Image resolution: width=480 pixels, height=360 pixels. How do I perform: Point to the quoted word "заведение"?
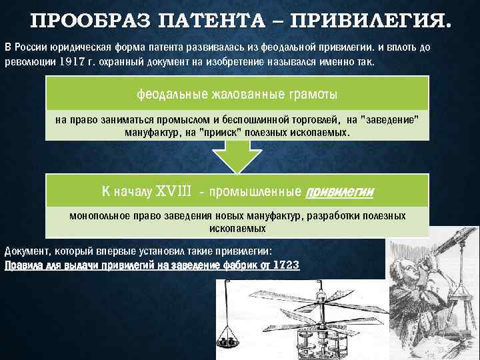389,120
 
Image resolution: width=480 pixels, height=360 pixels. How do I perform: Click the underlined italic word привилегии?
339,192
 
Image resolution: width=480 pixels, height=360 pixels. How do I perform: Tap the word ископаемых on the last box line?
238,228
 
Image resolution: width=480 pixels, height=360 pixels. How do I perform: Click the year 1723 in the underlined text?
287,265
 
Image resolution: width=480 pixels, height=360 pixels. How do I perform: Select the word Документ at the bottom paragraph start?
25,252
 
